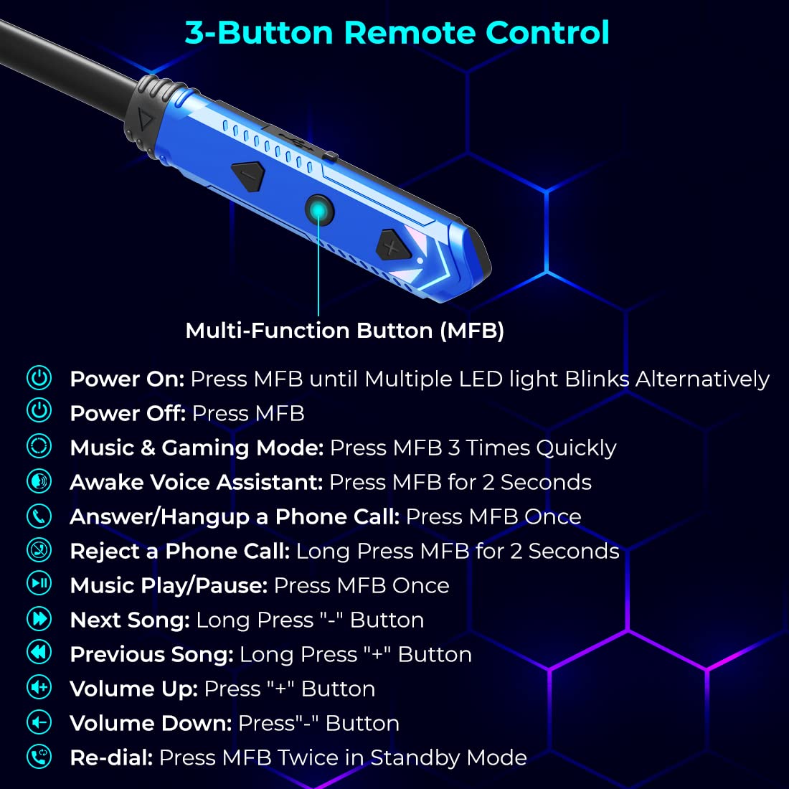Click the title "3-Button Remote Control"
point(397,33)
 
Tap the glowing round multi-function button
point(320,210)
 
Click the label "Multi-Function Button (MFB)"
point(344,331)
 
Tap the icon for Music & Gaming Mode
point(39,445)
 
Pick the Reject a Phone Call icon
point(39,549)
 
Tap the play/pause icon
point(39,583)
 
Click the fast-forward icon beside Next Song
point(39,618)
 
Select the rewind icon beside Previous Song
point(39,652)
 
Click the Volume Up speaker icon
point(39,686)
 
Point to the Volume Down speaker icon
point(39,721)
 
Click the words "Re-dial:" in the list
point(111,758)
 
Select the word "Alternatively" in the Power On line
point(702,379)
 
